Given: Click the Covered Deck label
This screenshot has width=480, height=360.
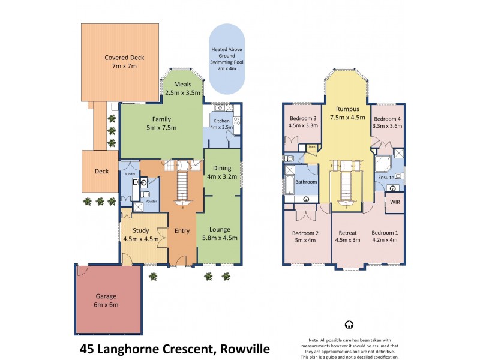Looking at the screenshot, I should (x=124, y=62).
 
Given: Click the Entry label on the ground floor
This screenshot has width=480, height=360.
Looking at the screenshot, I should (x=182, y=230).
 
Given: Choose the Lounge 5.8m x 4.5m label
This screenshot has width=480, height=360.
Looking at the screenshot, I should (x=220, y=233).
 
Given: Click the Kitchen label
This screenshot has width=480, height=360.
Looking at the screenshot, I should (x=222, y=124).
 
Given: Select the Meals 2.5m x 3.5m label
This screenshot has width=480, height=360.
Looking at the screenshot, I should (x=184, y=89).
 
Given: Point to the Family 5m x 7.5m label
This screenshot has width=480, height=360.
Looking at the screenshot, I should (x=161, y=123).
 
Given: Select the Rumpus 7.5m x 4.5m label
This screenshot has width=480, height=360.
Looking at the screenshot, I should (x=347, y=113).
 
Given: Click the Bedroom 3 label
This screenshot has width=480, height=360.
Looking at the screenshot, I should (x=303, y=122).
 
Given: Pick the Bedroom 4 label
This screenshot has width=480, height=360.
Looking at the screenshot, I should (x=386, y=122).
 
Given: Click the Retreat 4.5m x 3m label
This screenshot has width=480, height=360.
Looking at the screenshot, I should (x=347, y=237).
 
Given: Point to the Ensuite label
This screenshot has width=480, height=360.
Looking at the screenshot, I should (x=386, y=178).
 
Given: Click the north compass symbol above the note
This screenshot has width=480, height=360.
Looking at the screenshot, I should (x=349, y=325).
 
